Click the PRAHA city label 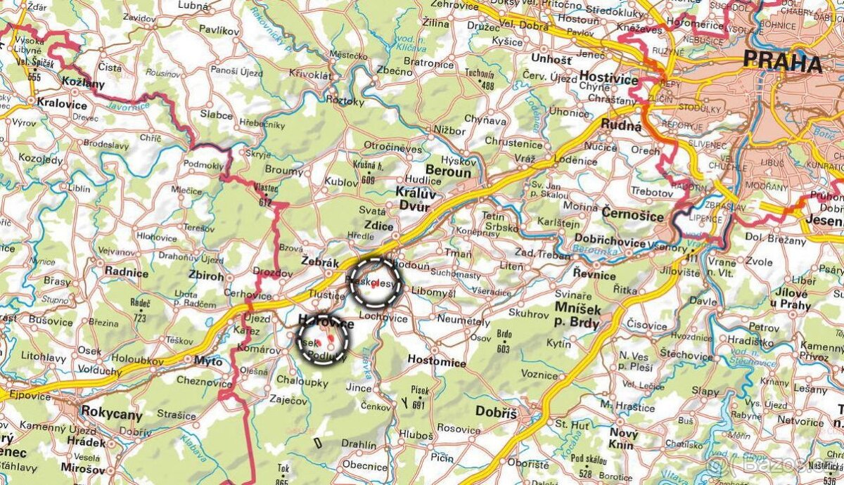[x=782, y=63]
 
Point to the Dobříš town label [x=497, y=412]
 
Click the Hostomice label [x=437, y=363]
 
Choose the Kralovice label [x=63, y=105]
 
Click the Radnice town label [x=127, y=271]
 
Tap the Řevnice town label [x=594, y=274]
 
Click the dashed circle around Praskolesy [x=376, y=283]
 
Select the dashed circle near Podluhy [x=323, y=338]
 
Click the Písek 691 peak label [x=420, y=397]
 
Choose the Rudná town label [x=620, y=127]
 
